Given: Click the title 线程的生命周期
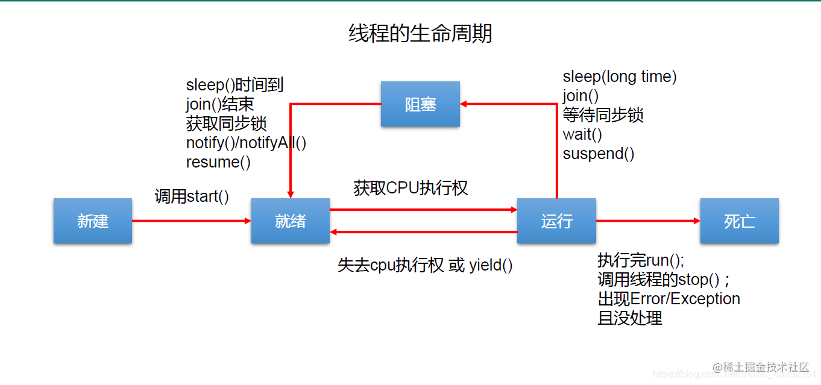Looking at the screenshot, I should pyautogui.click(x=420, y=34).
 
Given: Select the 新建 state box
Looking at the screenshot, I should pyautogui.click(x=93, y=221).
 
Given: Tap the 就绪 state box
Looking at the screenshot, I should pyautogui.click(x=291, y=221).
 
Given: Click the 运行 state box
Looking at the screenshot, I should pyautogui.click(x=556, y=221).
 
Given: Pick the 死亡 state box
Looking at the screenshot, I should pyautogui.click(x=739, y=221).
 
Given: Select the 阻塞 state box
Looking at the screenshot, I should pyautogui.click(x=420, y=104).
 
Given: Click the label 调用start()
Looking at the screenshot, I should pyautogui.click(x=192, y=196).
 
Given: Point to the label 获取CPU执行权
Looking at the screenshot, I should pyautogui.click(x=410, y=188).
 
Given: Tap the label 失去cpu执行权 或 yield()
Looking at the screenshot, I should pyautogui.click(x=425, y=265).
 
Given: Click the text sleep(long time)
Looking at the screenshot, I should pyautogui.click(x=620, y=77).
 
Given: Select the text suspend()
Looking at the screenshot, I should pyautogui.click(x=599, y=154).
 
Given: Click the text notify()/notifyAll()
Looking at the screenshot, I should pyautogui.click(x=247, y=143).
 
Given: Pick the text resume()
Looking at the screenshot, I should pyautogui.click(x=218, y=162).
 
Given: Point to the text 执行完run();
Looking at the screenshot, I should pyautogui.click(x=641, y=260).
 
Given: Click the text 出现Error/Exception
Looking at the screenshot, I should pyautogui.click(x=668, y=299).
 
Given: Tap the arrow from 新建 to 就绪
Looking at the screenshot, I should pyautogui.click(x=192, y=221).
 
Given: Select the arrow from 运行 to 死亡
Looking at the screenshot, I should pyautogui.click(x=648, y=221).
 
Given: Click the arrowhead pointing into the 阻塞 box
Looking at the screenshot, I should pyautogui.click(x=465, y=104).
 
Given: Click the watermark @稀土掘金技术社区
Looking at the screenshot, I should pyautogui.click(x=761, y=367).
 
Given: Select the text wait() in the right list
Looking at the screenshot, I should pyautogui.click(x=582, y=134).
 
